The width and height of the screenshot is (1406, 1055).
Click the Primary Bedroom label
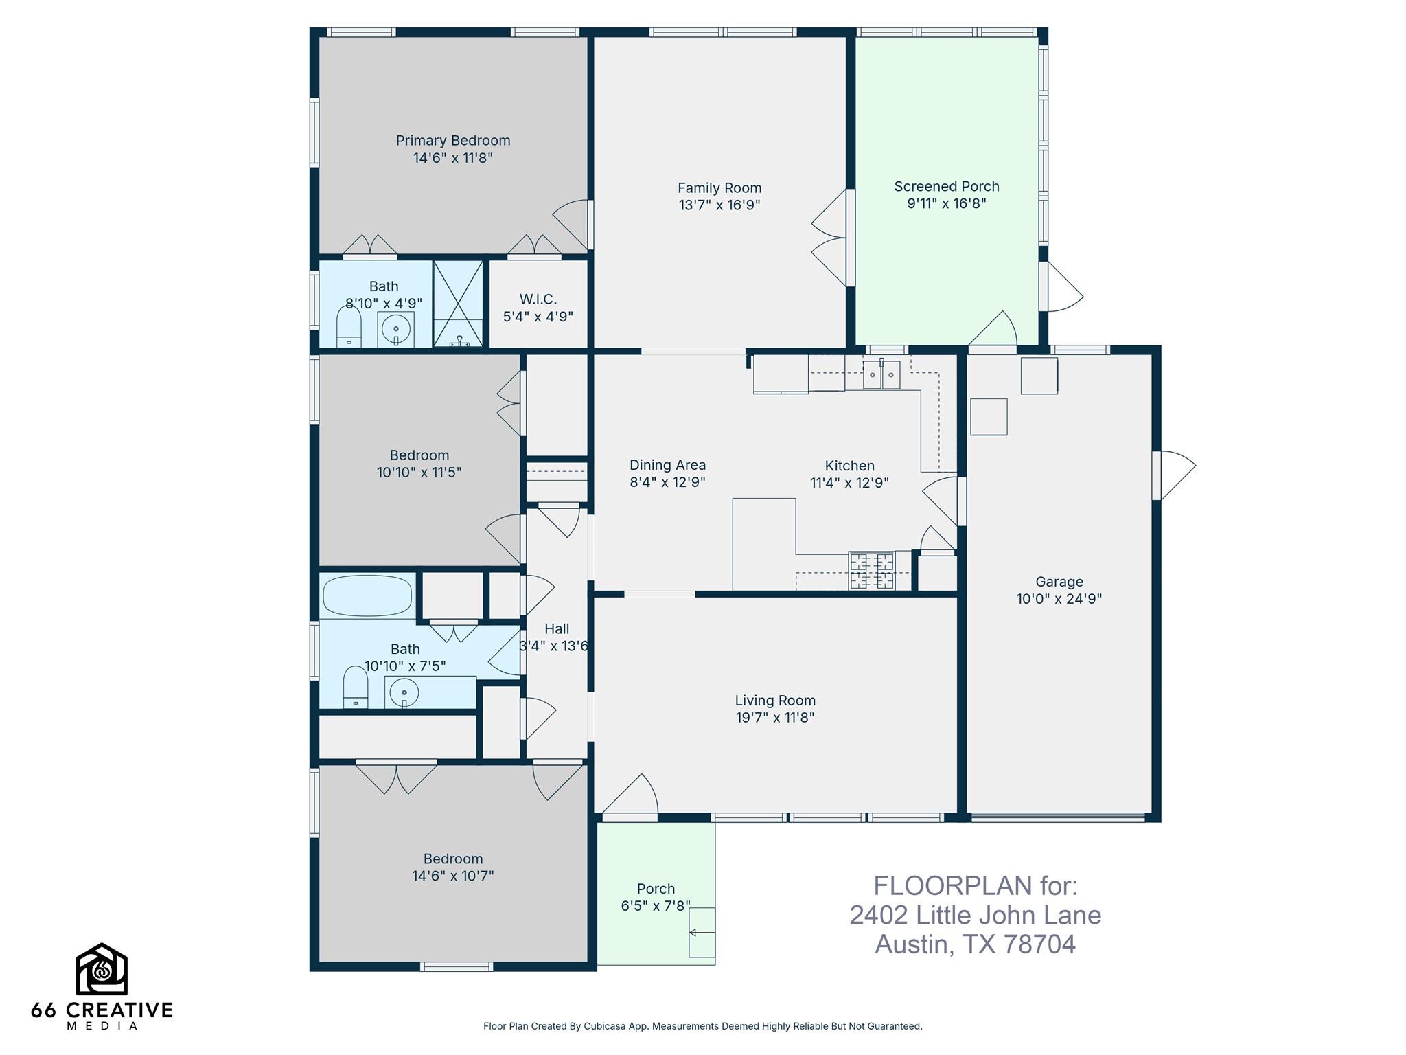coord(452,141)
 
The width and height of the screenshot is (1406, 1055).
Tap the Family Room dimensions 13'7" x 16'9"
coord(719,205)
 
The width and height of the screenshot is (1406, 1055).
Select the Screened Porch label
coord(946,186)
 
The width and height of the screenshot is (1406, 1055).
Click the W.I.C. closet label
coord(538,299)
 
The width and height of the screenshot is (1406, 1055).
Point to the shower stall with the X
coord(459,303)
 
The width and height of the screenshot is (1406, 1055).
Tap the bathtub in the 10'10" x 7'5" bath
coord(367,595)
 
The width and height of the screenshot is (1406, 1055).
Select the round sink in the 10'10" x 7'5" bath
coord(404,693)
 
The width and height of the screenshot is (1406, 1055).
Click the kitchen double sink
coord(881,375)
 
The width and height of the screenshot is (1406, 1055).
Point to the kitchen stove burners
coord(872,571)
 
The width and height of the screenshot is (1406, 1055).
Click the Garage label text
coord(1059,582)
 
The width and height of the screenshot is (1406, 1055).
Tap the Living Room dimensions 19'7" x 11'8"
coord(774,718)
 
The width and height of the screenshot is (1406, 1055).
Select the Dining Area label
coord(667,465)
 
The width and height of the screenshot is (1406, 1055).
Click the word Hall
coord(556,628)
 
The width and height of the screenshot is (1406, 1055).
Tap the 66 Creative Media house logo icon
coord(102,969)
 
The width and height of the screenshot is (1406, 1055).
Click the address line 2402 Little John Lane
coord(975,915)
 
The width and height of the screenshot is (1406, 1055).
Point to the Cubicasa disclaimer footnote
coord(702,1026)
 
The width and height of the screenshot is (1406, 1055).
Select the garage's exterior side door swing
coord(1176,474)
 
